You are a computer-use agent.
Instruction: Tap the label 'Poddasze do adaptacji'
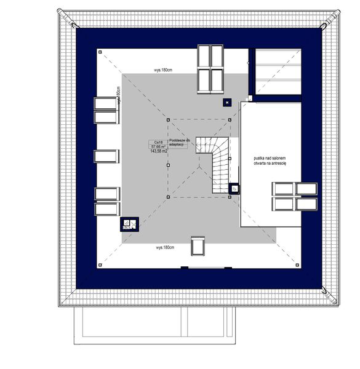click(178, 143)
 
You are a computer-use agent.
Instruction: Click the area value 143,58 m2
click(159, 152)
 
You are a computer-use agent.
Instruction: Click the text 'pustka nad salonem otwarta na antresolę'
click(270, 161)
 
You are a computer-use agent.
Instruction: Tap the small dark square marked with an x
click(226, 101)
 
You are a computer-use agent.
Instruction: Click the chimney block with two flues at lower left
click(129, 224)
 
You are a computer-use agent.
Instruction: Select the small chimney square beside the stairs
click(234, 189)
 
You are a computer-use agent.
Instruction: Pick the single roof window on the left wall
click(105, 156)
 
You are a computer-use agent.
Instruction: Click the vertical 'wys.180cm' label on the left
click(117, 98)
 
